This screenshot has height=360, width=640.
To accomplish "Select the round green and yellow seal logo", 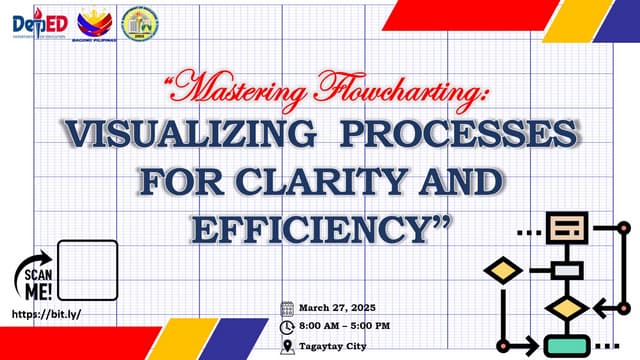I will pos(137,22).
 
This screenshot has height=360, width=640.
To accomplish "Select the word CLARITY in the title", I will pos(325,183).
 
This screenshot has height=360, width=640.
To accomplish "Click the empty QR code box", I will pos(88,270).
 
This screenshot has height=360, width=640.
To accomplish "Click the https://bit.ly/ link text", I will pos(43,313).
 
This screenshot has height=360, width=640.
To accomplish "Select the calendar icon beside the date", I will pos(287,308).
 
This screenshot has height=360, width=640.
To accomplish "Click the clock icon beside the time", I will pos(287,327).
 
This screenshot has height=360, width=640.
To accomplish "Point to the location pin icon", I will pos(287,346).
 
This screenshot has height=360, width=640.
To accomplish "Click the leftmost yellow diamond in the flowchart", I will pos(502,270).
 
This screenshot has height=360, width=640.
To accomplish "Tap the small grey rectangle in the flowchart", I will pos(567,270).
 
